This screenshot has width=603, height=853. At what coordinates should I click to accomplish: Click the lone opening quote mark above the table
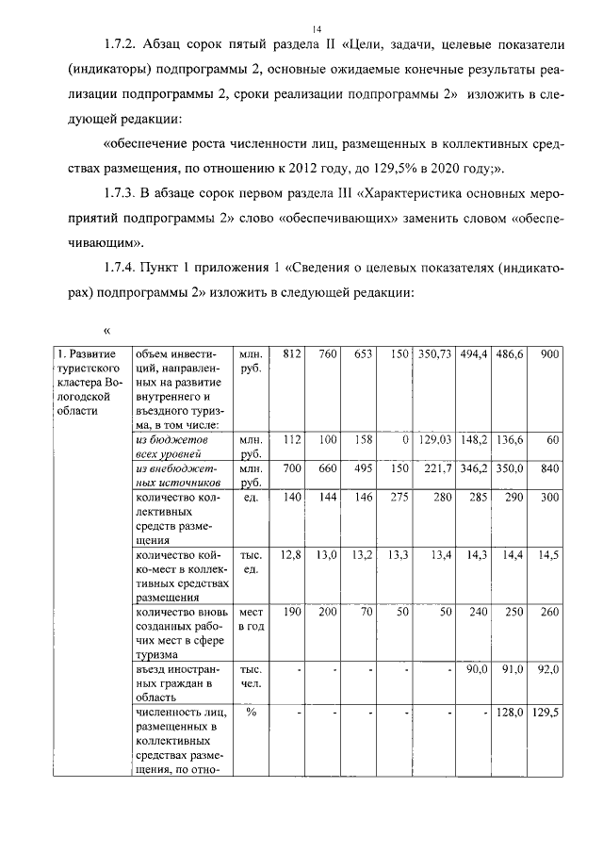click(107, 330)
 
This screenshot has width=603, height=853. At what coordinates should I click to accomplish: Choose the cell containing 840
click(547, 468)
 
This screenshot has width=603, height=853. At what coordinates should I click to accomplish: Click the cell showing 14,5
click(547, 555)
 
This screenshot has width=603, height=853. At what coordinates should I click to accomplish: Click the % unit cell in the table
click(252, 713)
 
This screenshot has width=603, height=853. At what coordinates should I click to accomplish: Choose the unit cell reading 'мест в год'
click(251, 618)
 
